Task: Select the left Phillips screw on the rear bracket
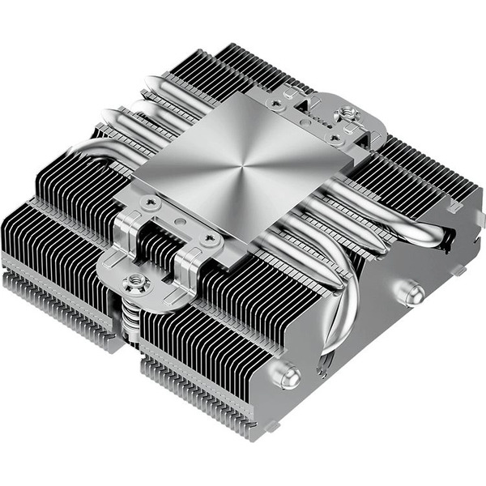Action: coord(279,103)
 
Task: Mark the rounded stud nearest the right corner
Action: coord(412,292)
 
